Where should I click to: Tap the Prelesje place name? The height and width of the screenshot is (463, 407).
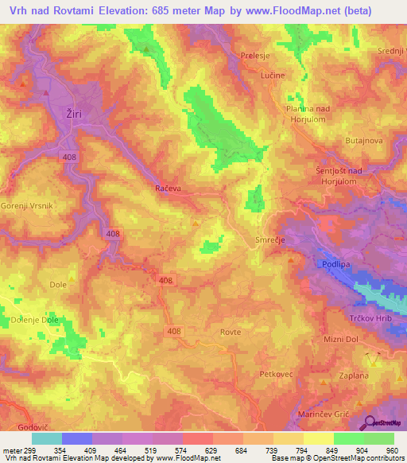click(x=255, y=55)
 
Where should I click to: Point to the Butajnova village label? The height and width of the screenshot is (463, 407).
click(x=365, y=140)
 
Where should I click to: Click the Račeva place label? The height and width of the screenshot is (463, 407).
click(x=167, y=189)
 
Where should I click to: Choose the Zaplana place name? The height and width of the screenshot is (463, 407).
click(x=355, y=375)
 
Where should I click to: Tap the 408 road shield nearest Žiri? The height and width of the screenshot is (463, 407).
click(x=69, y=158)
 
